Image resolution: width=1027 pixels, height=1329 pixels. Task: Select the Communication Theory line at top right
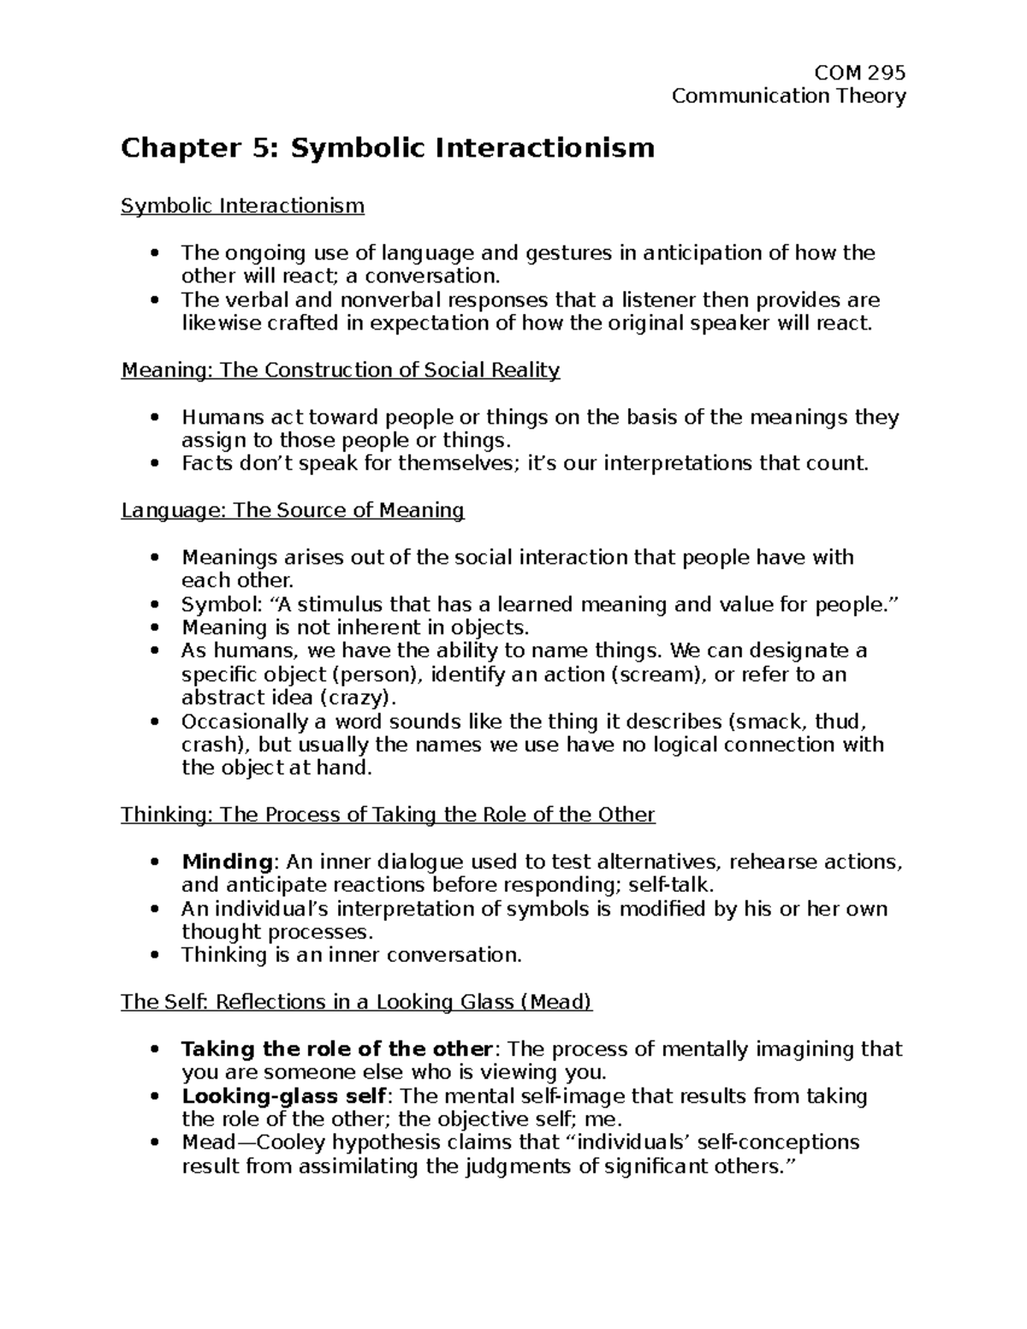click(788, 96)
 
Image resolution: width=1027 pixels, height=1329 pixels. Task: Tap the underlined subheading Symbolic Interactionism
click(242, 206)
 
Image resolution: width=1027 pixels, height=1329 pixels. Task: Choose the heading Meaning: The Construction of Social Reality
click(340, 370)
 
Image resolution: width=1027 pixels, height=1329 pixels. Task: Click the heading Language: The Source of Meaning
click(292, 511)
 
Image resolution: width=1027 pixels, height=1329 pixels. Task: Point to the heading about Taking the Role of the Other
click(387, 815)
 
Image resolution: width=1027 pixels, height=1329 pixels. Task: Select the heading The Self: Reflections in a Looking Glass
click(356, 1002)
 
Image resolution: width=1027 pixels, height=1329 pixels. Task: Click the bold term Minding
click(227, 862)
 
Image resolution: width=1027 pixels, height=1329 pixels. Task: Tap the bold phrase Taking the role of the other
click(337, 1049)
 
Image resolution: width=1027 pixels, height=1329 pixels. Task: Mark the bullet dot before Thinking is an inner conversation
click(154, 956)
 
